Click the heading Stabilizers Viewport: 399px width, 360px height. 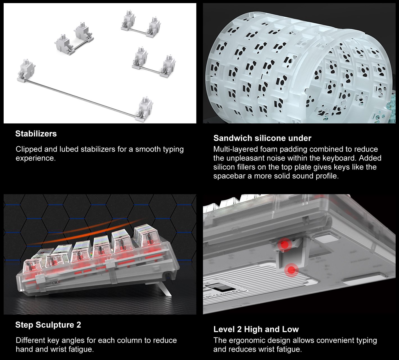(36, 134)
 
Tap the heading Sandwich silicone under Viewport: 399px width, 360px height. (262, 138)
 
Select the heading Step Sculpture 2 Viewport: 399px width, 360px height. (48, 325)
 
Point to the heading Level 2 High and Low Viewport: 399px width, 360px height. (256, 329)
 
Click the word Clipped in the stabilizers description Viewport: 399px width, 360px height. (29, 149)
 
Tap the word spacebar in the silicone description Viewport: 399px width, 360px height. (229, 176)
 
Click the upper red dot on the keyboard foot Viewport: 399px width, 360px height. (285, 244)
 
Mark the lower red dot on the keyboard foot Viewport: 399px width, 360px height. (291, 270)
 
